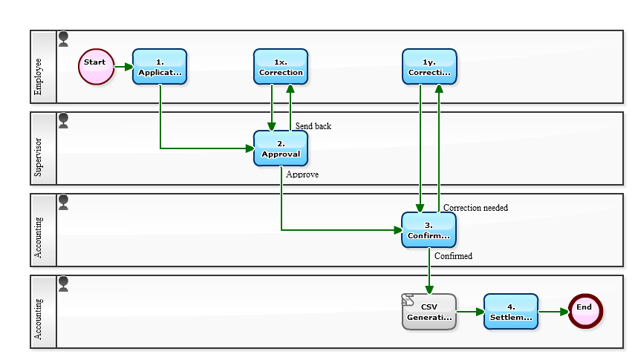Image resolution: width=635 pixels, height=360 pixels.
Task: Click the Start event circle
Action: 96,67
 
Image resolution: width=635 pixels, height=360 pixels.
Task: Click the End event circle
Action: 584,312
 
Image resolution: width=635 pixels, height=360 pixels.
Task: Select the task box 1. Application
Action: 160,67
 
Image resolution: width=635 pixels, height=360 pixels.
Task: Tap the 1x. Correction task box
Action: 281,67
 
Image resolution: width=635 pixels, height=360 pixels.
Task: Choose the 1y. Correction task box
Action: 429,67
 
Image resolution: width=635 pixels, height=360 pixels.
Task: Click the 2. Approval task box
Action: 281,148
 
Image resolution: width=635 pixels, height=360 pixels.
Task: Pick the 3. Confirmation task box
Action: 429,230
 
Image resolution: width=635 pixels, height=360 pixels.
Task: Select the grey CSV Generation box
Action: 429,312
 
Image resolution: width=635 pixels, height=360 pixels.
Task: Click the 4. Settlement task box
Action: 511,312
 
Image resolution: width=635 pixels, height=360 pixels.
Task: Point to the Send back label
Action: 313,126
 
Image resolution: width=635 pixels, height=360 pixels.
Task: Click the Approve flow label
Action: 302,174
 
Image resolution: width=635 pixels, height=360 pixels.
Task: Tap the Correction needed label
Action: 475,208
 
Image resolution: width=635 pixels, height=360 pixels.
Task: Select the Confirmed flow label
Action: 453,256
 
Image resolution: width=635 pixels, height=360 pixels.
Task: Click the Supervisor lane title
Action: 39,160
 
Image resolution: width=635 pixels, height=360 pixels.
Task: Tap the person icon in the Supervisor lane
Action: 64,120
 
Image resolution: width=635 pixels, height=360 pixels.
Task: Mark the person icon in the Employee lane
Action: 64,39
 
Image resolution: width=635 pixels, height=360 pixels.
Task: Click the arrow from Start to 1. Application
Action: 123,67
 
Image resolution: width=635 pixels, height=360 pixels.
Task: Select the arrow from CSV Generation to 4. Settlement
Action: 470,312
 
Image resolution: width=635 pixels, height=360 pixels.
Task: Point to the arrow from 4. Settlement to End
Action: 553,312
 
